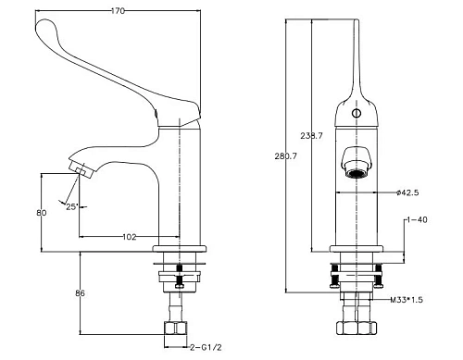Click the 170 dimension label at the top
118,11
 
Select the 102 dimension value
130,237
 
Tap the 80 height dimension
42,213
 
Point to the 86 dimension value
80,293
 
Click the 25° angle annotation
71,206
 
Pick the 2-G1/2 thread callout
206,348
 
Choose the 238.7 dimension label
311,136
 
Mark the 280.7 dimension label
286,156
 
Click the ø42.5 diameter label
407,192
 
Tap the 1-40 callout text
417,219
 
